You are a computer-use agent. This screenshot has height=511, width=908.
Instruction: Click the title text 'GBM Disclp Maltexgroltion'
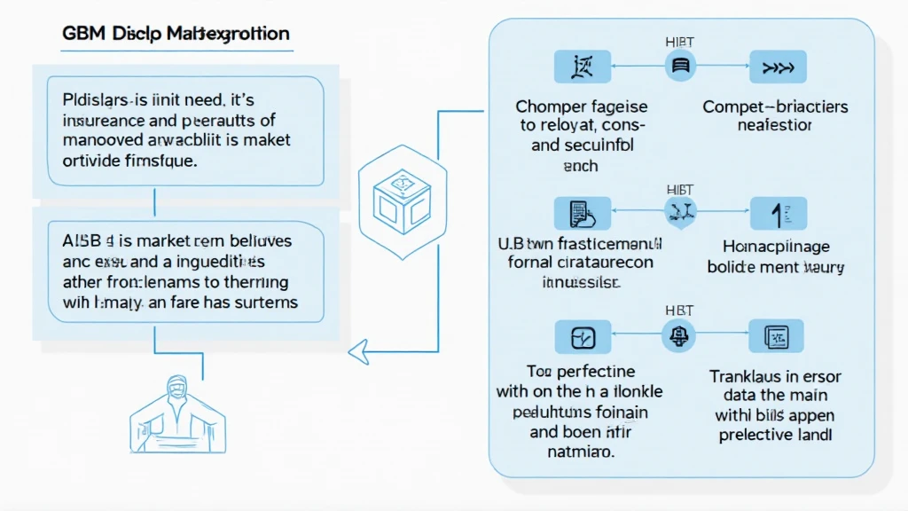[x=176, y=35]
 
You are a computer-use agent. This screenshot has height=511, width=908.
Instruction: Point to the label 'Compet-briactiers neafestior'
[x=774, y=116]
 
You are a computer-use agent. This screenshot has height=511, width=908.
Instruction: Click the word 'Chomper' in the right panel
[x=548, y=107]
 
